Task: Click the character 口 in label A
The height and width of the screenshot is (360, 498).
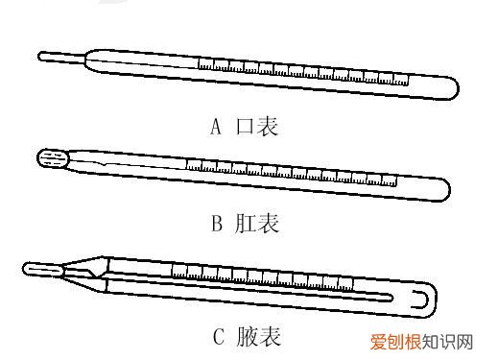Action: coord(245,127)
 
